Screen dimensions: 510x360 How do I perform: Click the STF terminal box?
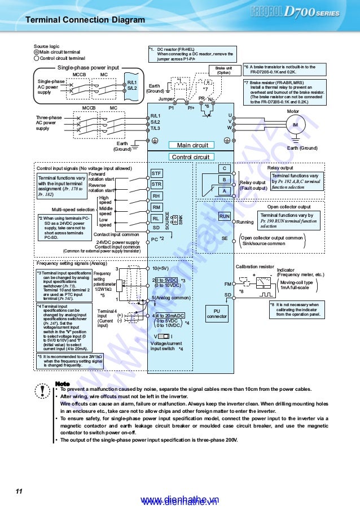coord(157,173)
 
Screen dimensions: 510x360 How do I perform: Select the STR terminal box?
coord(157,184)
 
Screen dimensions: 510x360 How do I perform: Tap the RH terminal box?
coord(157,196)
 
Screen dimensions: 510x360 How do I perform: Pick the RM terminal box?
coord(157,207)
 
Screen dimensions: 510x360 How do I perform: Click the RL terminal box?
coord(157,219)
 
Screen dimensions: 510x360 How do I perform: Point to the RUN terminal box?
coord(225,216)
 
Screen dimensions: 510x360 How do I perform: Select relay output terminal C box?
coord(225,168)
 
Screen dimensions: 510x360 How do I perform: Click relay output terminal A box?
coord(225,191)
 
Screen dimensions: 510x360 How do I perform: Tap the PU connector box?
coord(217,313)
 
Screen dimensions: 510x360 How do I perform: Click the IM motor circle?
coord(295,124)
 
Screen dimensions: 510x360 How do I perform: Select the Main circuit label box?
coord(192,145)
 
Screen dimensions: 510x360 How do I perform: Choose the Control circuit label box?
coord(190,156)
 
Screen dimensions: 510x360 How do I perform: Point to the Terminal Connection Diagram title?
coord(85,20)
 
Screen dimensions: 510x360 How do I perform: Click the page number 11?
coord(19,491)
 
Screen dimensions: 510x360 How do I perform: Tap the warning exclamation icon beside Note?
coord(41,391)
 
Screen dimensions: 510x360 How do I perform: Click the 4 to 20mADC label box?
coord(169,315)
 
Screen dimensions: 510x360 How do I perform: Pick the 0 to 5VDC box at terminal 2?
coord(167,280)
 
